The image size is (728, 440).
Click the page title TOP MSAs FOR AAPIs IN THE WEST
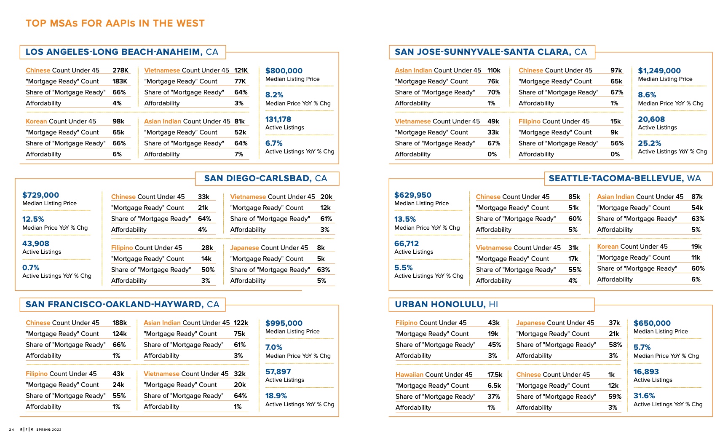point(115,23)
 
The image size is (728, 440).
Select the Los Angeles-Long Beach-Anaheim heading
point(122,52)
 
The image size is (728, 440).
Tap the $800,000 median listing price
point(284,71)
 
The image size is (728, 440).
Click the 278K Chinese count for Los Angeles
point(120,70)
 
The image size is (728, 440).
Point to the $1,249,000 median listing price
point(659,71)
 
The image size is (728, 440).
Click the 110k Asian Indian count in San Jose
point(494,70)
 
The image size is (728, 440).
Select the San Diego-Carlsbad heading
point(265,178)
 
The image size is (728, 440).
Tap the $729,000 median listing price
point(40,195)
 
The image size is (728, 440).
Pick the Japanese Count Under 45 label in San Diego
point(269,248)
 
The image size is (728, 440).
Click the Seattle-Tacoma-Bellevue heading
point(625,178)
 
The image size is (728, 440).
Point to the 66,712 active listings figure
point(406,244)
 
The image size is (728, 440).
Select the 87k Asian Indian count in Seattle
point(697,197)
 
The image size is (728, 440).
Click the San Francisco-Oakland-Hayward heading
point(122,304)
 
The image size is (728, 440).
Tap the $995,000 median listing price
point(284,323)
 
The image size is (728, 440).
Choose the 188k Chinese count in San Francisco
point(120,323)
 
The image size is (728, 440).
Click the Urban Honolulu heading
point(446,304)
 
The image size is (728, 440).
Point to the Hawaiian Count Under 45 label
point(434,375)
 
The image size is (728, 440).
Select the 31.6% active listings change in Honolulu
point(644,396)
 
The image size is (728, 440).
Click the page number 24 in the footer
point(11,429)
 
